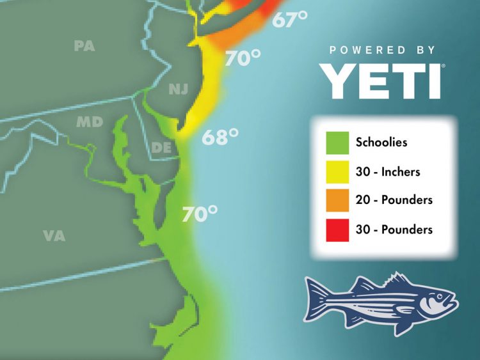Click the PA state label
pos(85,46)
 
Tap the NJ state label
pos(178,90)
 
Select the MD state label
pos(89,121)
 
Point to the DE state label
pos(161,148)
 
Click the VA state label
pos(54,235)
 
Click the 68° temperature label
pos(220,137)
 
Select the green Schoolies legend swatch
pos(337,143)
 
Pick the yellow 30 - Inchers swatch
pos(337,171)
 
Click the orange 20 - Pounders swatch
pos(337,200)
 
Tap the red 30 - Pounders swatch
pos(337,229)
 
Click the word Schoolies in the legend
pos(381,143)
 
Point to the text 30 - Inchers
pos(388,171)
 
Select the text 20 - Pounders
pos(394,200)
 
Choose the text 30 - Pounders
pos(394,229)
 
